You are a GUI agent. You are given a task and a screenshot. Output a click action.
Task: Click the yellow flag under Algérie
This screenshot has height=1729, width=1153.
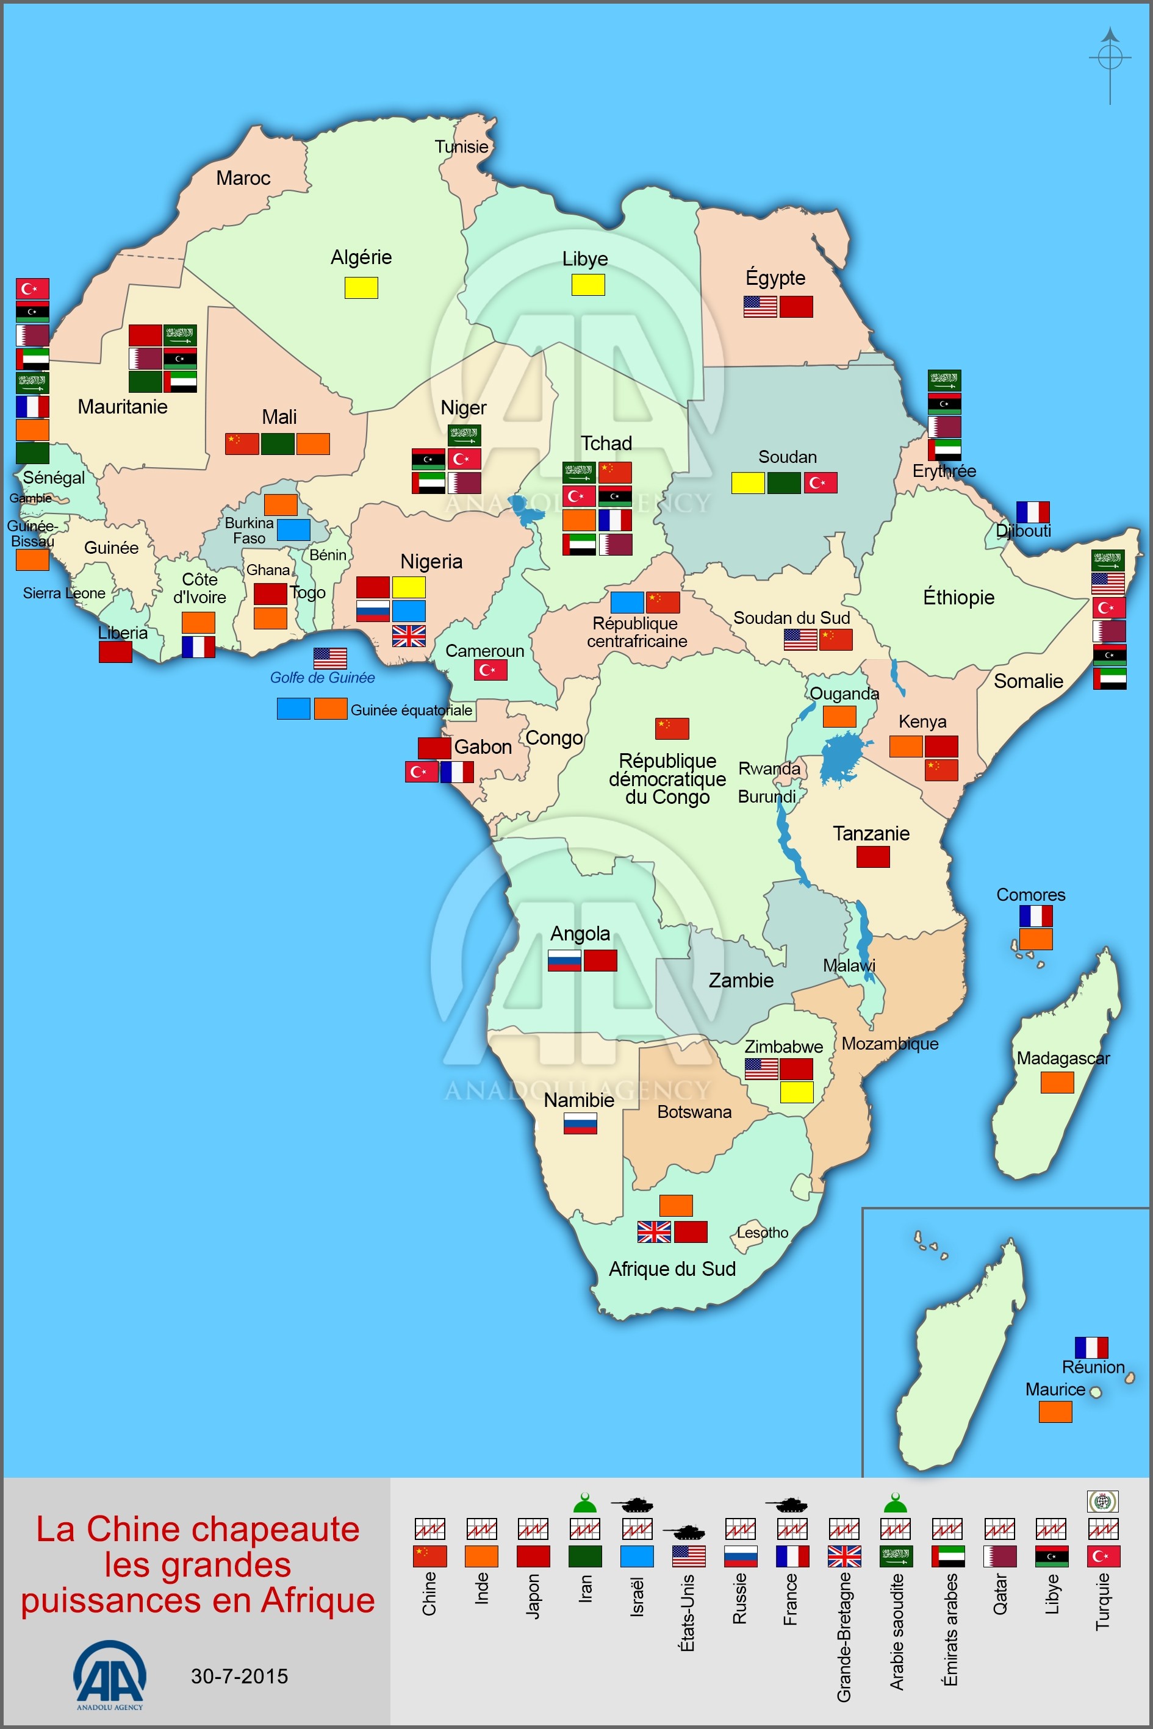tap(361, 287)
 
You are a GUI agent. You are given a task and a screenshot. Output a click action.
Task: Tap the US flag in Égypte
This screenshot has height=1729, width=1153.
tap(760, 307)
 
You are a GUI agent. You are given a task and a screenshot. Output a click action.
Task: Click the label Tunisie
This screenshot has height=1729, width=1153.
tap(461, 147)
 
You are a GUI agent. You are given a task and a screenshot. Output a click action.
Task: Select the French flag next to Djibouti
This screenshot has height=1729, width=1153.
tap(1032, 512)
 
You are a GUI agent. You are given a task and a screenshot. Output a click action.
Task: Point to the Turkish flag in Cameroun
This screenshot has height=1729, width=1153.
tap(490, 670)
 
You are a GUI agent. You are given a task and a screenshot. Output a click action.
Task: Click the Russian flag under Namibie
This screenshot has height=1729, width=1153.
tap(580, 1123)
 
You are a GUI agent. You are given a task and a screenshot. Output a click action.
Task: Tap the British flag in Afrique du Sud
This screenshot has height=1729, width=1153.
tap(654, 1231)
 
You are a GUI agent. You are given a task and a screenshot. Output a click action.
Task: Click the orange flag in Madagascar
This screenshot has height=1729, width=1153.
tap(1057, 1082)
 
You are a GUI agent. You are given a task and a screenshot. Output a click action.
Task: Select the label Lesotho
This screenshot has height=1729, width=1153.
tap(762, 1233)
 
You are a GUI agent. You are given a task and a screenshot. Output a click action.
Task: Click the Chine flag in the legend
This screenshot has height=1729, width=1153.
tap(430, 1556)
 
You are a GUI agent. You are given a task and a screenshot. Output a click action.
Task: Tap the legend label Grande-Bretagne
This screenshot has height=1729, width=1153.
tap(844, 1636)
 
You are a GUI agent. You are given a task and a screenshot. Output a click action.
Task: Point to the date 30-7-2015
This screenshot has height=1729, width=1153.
tap(239, 1676)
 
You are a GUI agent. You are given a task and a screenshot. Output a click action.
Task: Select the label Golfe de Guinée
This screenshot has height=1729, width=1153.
tap(322, 678)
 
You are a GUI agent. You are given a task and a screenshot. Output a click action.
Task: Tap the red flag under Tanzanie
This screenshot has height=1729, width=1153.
tap(873, 856)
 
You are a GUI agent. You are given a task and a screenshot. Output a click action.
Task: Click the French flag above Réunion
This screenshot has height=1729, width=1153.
tap(1091, 1347)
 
